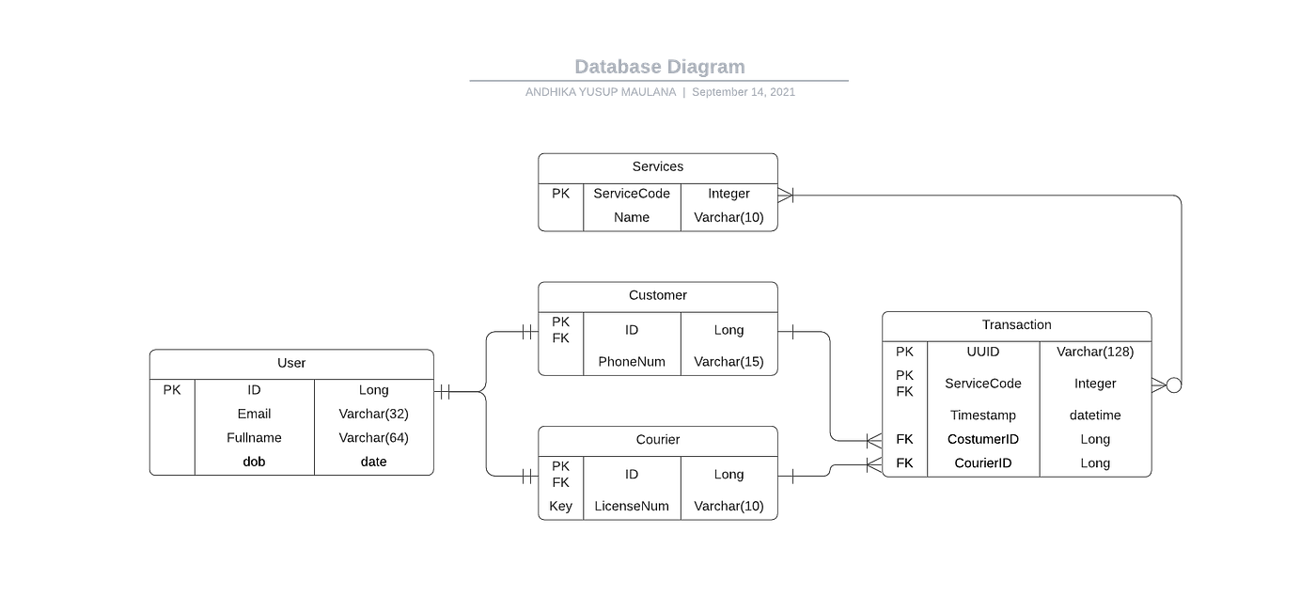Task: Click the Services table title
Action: [658, 166]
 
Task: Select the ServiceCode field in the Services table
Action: [632, 194]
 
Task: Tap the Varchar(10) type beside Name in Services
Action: [728, 217]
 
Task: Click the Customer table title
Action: [658, 295]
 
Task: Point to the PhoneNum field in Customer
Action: [632, 362]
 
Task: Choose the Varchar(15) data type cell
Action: [728, 362]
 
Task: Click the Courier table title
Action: [658, 439]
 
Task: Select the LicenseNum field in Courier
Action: [632, 506]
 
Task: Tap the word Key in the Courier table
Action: [560, 506]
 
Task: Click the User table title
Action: [291, 363]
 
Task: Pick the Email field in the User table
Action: [254, 414]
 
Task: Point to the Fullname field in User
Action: [254, 437]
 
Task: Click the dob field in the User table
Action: [254, 462]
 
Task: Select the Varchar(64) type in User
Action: [374, 437]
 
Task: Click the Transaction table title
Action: [1016, 324]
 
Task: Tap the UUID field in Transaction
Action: [983, 352]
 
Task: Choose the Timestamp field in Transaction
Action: [983, 415]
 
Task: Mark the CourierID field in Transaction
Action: [983, 463]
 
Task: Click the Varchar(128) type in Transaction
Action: [1095, 352]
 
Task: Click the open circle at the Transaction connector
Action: [1173, 384]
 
